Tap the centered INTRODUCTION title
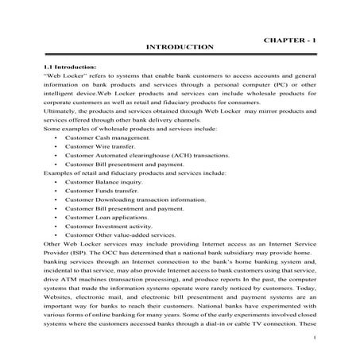click(180, 48)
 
